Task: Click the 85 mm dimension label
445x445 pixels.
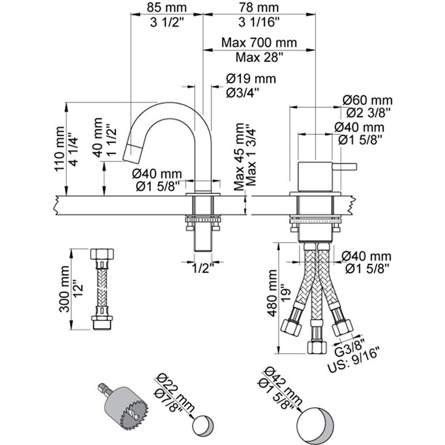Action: click(x=166, y=7)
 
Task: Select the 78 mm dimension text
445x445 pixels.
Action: click(x=259, y=7)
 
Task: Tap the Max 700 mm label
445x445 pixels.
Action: click(x=259, y=43)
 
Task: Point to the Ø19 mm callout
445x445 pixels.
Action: click(x=251, y=78)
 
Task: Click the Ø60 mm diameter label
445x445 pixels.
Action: click(x=368, y=101)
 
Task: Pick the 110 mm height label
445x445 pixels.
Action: click(x=60, y=149)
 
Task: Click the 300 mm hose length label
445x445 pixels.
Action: click(x=65, y=289)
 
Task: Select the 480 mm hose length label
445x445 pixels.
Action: click(x=273, y=293)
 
